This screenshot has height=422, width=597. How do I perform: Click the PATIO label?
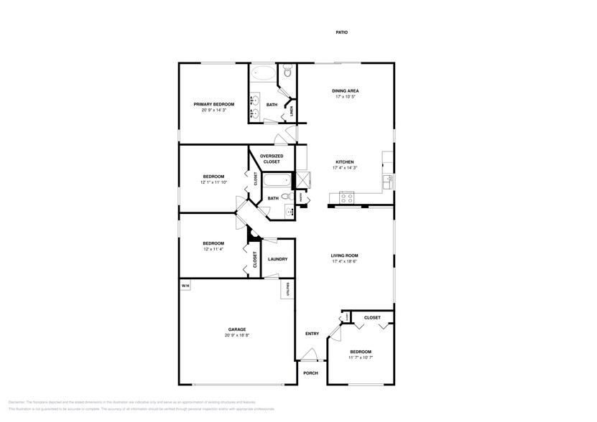click(341, 32)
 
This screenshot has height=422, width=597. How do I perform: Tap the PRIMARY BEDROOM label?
click(214, 104)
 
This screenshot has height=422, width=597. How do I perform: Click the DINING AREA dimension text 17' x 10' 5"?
click(345, 97)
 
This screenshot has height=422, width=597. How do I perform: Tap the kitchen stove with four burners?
click(346, 197)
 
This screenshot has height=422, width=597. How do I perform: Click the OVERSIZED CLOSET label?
click(272, 159)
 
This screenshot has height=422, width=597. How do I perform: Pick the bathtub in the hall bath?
click(273, 182)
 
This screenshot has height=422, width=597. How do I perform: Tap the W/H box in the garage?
click(185, 286)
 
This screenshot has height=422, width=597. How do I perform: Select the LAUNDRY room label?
click(278, 259)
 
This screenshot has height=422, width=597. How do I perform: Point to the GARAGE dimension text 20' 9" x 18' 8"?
click(237, 335)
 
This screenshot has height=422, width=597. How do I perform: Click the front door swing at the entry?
click(309, 354)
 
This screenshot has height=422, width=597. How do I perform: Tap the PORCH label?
click(310, 373)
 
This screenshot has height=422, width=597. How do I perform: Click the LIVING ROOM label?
click(345, 255)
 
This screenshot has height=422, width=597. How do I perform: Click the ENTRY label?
click(312, 333)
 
